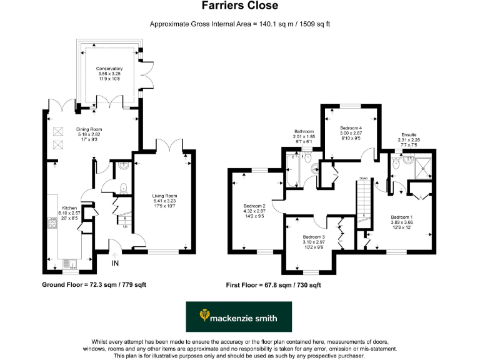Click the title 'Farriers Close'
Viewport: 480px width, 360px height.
point(239,6)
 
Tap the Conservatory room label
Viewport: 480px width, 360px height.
point(109,68)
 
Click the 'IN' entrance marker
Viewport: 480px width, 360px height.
point(116,263)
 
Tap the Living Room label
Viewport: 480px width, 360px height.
point(165,196)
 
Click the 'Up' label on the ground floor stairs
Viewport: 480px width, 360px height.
point(126,226)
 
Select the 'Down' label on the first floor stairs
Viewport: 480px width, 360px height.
point(364,178)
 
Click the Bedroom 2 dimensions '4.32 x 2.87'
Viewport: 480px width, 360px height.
point(254,211)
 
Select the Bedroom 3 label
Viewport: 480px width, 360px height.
point(314,237)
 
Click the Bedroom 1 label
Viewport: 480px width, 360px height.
point(401,216)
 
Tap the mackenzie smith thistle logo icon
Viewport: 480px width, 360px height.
point(202,317)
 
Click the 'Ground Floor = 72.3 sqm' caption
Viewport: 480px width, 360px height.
point(94,285)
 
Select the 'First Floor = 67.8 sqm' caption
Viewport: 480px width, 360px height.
point(273,285)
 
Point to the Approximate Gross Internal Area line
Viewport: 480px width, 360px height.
point(239,24)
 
